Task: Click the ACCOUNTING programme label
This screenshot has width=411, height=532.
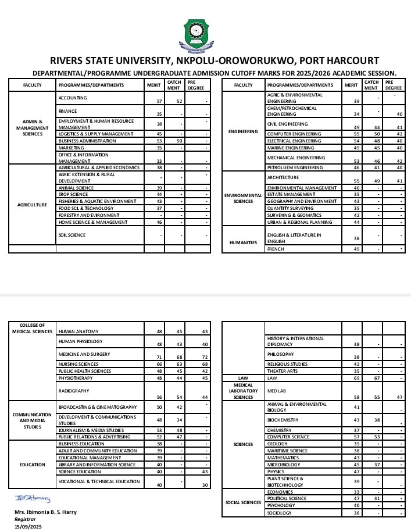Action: tap(73, 98)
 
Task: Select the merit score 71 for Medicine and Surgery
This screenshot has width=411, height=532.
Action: tap(159, 356)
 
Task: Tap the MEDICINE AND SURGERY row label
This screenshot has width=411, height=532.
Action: tap(84, 354)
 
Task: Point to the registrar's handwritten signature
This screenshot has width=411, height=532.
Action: tap(33, 499)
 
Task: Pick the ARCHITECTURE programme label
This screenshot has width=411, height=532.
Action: tap(283, 177)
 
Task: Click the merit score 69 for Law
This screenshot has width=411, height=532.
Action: tap(356, 378)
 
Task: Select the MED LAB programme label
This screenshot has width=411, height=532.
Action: tap(276, 391)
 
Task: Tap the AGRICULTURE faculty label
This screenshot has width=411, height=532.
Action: tap(32, 205)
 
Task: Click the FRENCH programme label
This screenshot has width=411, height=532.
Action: tap(275, 249)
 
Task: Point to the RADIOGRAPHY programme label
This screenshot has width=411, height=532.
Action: tap(74, 391)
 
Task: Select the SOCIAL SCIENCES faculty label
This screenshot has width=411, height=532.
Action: tap(243, 502)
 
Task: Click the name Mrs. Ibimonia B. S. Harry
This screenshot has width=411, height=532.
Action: tap(45, 512)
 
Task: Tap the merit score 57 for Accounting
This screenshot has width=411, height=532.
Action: tap(159, 101)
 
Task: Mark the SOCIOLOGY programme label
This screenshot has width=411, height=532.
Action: tap(279, 513)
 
